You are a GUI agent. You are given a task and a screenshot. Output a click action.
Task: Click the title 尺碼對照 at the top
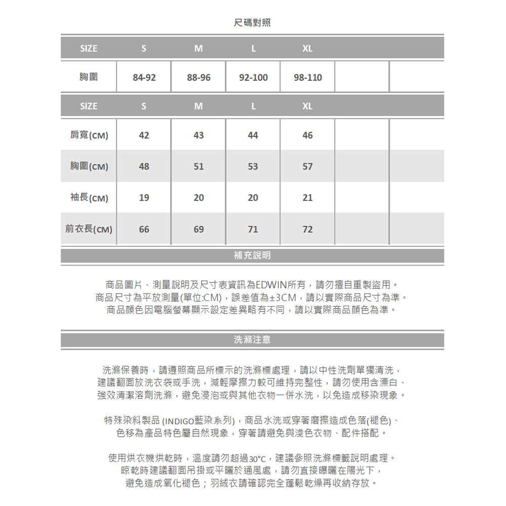pyautogui.click(x=252, y=23)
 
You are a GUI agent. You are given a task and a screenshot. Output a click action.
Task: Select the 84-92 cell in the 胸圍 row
pyautogui.click(x=144, y=78)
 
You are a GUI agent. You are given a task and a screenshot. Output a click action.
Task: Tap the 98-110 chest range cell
pyautogui.click(x=308, y=78)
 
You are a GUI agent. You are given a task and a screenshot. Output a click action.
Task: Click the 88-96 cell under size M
pyautogui.click(x=199, y=78)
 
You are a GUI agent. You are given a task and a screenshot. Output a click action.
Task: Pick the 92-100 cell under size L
pyautogui.click(x=254, y=78)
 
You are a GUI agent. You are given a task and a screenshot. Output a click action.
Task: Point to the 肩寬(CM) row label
pyautogui.click(x=89, y=136)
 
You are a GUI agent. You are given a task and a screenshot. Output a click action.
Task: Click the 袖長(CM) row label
pyautogui.click(x=89, y=198)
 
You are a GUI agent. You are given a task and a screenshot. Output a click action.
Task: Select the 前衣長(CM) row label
pyautogui.click(x=89, y=229)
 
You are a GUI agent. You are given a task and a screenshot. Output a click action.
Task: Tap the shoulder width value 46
pyautogui.click(x=308, y=136)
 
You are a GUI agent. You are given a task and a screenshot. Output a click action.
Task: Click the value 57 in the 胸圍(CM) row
pyautogui.click(x=308, y=166)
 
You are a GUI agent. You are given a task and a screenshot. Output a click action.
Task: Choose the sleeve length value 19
pyautogui.click(x=144, y=198)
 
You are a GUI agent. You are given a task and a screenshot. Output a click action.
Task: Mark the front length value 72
pyautogui.click(x=308, y=229)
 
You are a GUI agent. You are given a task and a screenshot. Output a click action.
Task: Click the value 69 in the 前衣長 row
pyautogui.click(x=199, y=229)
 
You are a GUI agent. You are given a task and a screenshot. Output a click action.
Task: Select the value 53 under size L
pyautogui.click(x=253, y=166)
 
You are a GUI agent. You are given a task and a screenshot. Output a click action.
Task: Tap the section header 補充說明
pyautogui.click(x=252, y=256)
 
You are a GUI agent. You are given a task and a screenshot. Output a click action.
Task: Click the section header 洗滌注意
pyautogui.click(x=252, y=340)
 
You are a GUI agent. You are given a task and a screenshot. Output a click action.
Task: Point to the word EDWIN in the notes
pyautogui.click(x=271, y=283)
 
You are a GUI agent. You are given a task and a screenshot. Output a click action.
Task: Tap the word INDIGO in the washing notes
pyautogui.click(x=179, y=421)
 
